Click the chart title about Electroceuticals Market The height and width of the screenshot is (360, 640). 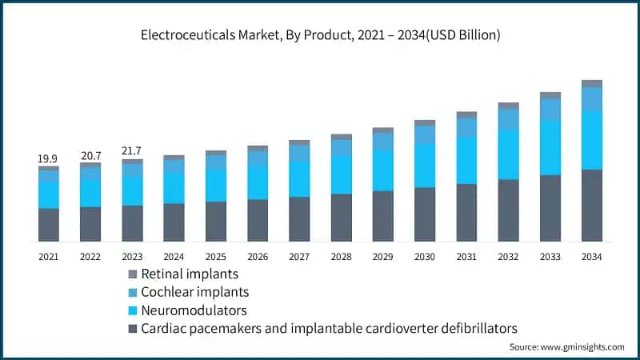[x=320, y=34]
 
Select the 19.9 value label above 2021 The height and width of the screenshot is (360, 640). [x=49, y=159]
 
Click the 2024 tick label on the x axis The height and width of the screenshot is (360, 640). [x=174, y=256]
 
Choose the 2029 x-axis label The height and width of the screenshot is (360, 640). [x=382, y=256]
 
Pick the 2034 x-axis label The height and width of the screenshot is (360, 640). [x=591, y=256]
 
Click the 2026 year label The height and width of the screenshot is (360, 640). [x=258, y=256]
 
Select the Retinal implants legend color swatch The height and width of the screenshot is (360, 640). [x=132, y=274]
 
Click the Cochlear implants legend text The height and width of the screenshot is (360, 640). [x=194, y=292]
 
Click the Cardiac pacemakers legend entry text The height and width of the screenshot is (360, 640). [x=329, y=328]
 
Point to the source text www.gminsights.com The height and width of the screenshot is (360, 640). [x=566, y=347]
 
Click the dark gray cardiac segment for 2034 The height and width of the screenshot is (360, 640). [x=591, y=205]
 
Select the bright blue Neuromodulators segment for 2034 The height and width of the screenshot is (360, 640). [x=591, y=139]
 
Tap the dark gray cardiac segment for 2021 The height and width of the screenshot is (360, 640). [x=49, y=225]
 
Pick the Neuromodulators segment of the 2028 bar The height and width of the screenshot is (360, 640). [x=341, y=174]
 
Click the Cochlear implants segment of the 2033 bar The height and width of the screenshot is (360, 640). [x=550, y=109]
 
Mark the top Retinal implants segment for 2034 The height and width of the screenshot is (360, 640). [x=591, y=84]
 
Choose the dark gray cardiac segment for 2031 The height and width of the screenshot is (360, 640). [x=466, y=213]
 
